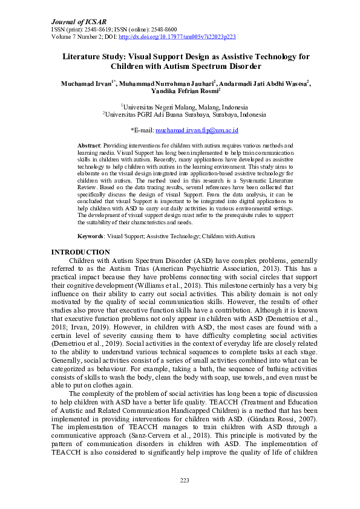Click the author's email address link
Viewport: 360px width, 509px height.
(x=197, y=130)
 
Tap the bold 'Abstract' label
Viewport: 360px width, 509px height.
(x=90, y=146)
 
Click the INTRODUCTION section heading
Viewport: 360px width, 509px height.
(x=80, y=252)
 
